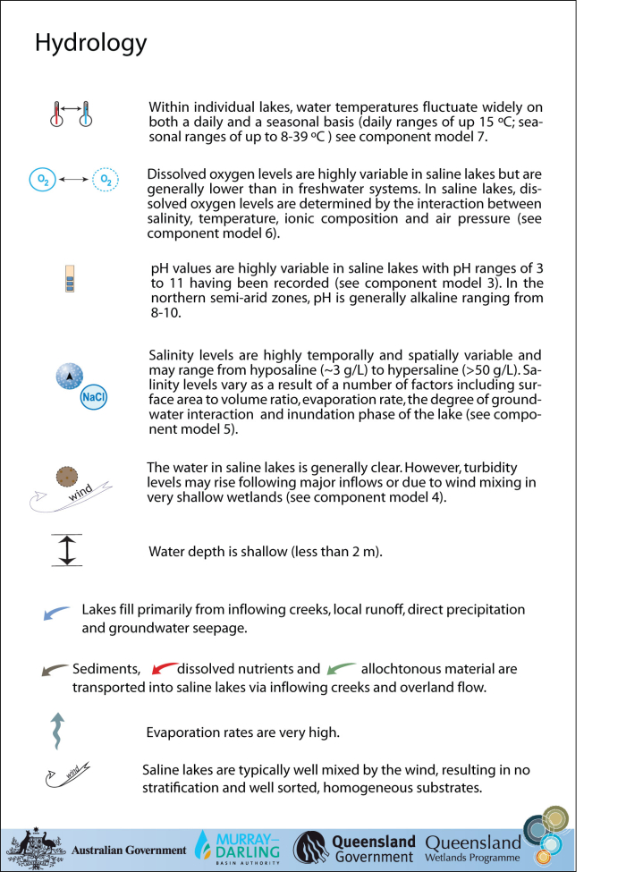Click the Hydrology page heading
pyautogui.click(x=90, y=43)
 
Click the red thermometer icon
pyautogui.click(x=56, y=114)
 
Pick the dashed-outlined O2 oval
pyautogui.click(x=106, y=180)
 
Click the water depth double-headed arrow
pyautogui.click(x=66, y=549)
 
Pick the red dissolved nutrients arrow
pyautogui.click(x=164, y=668)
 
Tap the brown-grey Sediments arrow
pyautogui.click(x=55, y=669)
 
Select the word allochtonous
pyautogui.click(x=403, y=669)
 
